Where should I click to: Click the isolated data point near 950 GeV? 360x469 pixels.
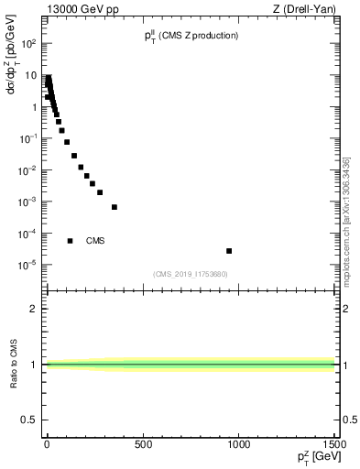[x=229, y=251]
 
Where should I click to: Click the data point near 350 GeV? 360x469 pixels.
[x=115, y=207]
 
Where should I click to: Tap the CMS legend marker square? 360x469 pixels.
[x=71, y=241]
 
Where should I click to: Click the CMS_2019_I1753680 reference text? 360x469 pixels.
[x=190, y=274]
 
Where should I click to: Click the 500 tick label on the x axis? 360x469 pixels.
[x=143, y=446]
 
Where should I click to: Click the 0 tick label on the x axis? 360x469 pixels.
[x=47, y=446]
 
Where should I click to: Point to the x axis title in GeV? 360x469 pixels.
[x=314, y=459]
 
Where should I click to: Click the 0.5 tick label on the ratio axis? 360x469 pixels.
[x=28, y=420]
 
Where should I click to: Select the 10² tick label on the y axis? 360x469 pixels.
[x=30, y=43]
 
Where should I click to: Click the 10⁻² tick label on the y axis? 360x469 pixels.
[x=29, y=169]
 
